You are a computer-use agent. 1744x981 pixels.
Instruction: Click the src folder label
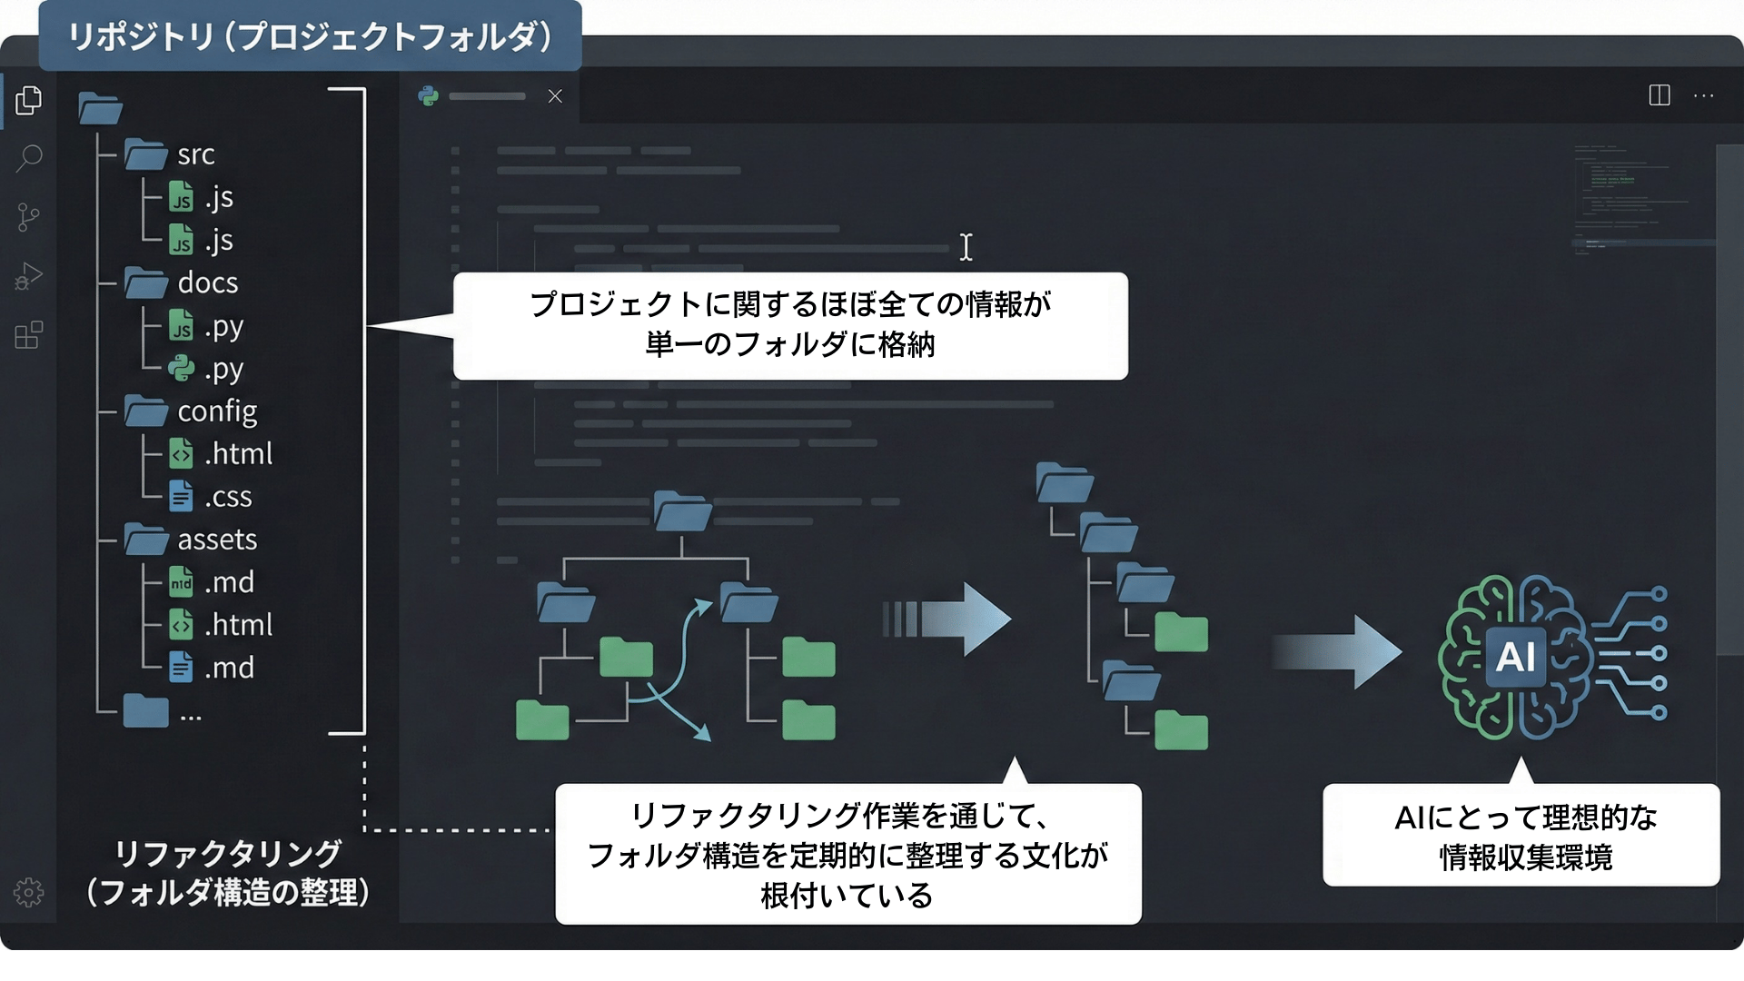[x=196, y=154]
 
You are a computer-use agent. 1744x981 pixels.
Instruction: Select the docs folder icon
[x=145, y=282]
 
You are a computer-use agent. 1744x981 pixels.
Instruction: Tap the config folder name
[x=217, y=411]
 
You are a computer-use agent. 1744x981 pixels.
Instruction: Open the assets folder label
[x=217, y=540]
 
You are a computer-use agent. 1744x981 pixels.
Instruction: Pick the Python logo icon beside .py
[x=182, y=368]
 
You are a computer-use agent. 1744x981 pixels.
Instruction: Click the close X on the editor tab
[x=555, y=96]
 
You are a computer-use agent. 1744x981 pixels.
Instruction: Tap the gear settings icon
[x=28, y=893]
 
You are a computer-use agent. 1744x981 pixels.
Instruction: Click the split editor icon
[x=1660, y=95]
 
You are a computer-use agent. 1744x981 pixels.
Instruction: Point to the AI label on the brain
[x=1515, y=656]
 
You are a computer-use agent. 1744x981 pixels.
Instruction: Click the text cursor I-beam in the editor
[x=966, y=247]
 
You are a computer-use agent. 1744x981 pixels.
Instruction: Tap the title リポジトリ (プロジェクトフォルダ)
[x=310, y=36]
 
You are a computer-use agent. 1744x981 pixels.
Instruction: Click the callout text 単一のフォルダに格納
[x=790, y=345]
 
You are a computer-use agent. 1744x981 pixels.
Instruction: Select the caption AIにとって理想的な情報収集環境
[x=1526, y=837]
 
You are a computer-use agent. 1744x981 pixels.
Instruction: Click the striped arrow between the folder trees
[x=946, y=619]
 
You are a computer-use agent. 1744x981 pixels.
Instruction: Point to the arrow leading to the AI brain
[x=1337, y=652]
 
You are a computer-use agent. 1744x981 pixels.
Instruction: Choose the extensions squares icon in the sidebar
[x=29, y=334]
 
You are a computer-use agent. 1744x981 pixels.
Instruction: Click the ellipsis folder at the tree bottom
[x=146, y=710]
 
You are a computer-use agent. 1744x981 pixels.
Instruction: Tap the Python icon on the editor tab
[x=429, y=96]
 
